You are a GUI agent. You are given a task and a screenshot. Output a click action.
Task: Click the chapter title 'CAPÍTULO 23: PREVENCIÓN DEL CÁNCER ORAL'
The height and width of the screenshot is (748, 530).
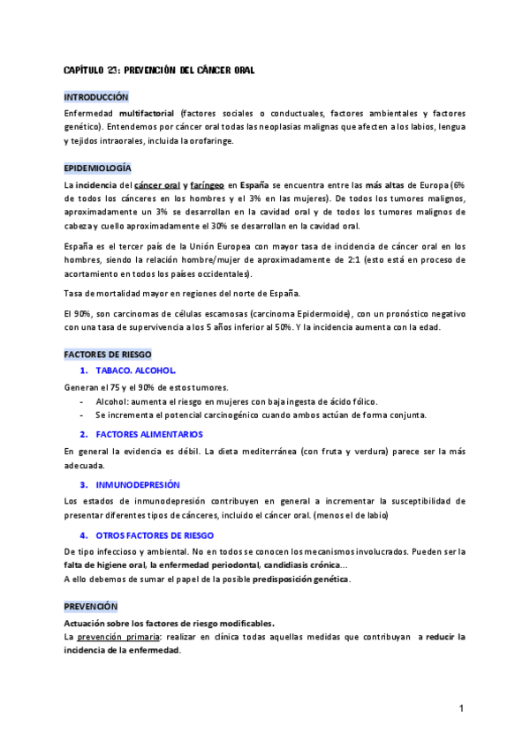[x=159, y=70]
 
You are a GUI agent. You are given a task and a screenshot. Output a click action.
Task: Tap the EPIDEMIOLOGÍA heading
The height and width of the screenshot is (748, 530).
[x=98, y=168]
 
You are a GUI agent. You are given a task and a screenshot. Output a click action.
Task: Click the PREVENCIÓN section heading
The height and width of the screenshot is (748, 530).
[x=91, y=606]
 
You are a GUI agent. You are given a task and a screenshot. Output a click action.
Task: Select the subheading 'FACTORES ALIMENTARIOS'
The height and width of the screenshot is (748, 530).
[x=148, y=434]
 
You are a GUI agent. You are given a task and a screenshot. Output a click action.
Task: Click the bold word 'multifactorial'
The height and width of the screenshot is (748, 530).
[x=147, y=114]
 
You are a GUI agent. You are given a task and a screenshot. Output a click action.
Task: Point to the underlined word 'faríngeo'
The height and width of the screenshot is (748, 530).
[x=207, y=185]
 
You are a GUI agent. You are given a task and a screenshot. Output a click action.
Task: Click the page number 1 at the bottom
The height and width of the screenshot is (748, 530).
[x=462, y=708]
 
